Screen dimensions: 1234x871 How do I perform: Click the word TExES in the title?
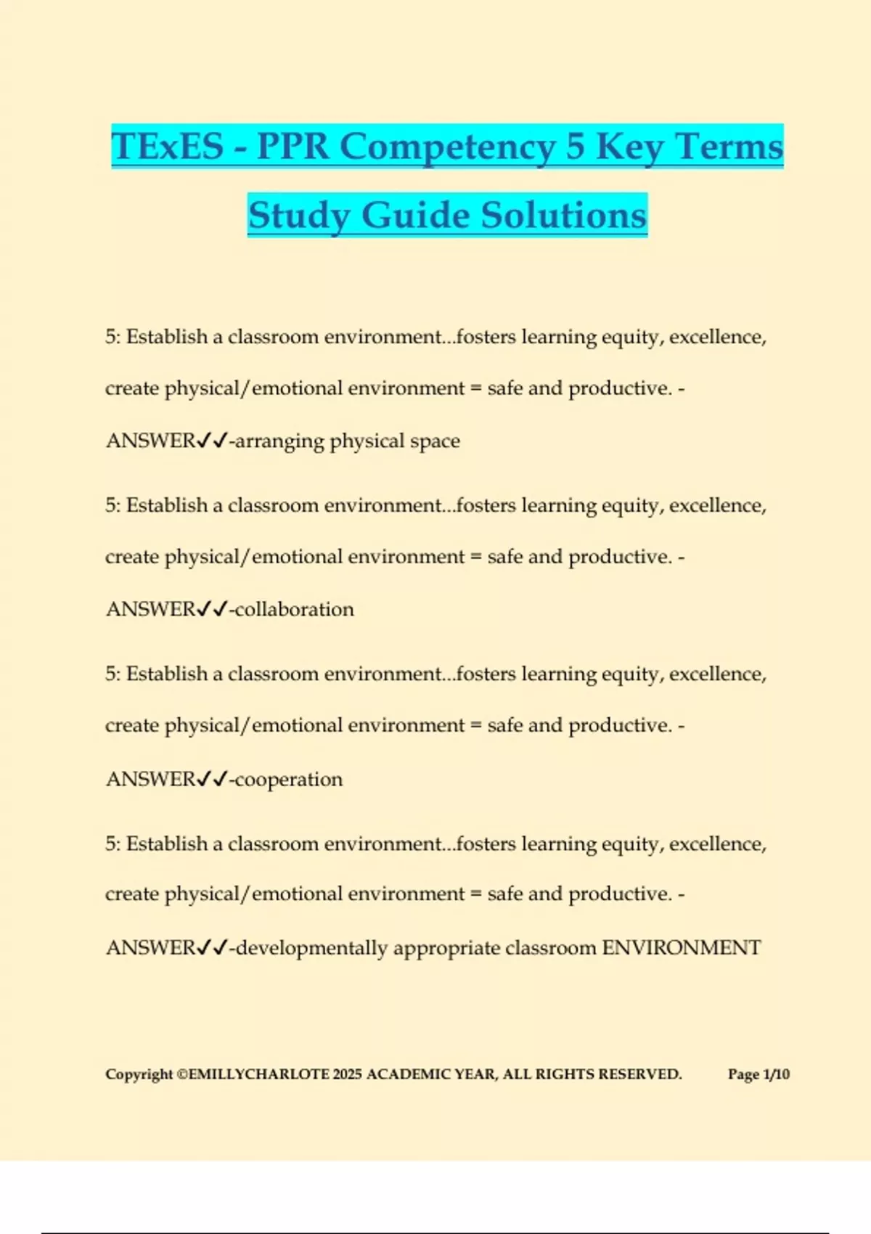[x=168, y=146]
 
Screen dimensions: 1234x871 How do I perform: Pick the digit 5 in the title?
[x=575, y=146]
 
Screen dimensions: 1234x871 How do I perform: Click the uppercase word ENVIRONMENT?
[x=682, y=947]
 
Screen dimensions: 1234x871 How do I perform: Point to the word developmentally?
[x=312, y=948]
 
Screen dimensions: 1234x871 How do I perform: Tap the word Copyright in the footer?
[x=139, y=1074]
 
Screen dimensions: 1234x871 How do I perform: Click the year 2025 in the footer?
[x=347, y=1074]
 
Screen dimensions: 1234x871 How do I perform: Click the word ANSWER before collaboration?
[x=151, y=609]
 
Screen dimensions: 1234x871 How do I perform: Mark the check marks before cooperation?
[x=213, y=779]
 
